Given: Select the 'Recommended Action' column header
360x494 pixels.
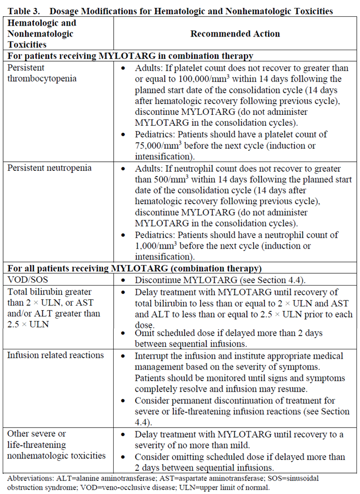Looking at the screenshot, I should (235, 34).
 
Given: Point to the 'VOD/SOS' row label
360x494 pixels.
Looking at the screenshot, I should (25, 279).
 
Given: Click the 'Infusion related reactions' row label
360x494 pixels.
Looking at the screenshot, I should (55, 356).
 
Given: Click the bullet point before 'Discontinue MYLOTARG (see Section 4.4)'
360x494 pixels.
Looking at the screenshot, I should (123, 279).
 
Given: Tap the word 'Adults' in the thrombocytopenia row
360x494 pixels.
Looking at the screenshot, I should (148, 68).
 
